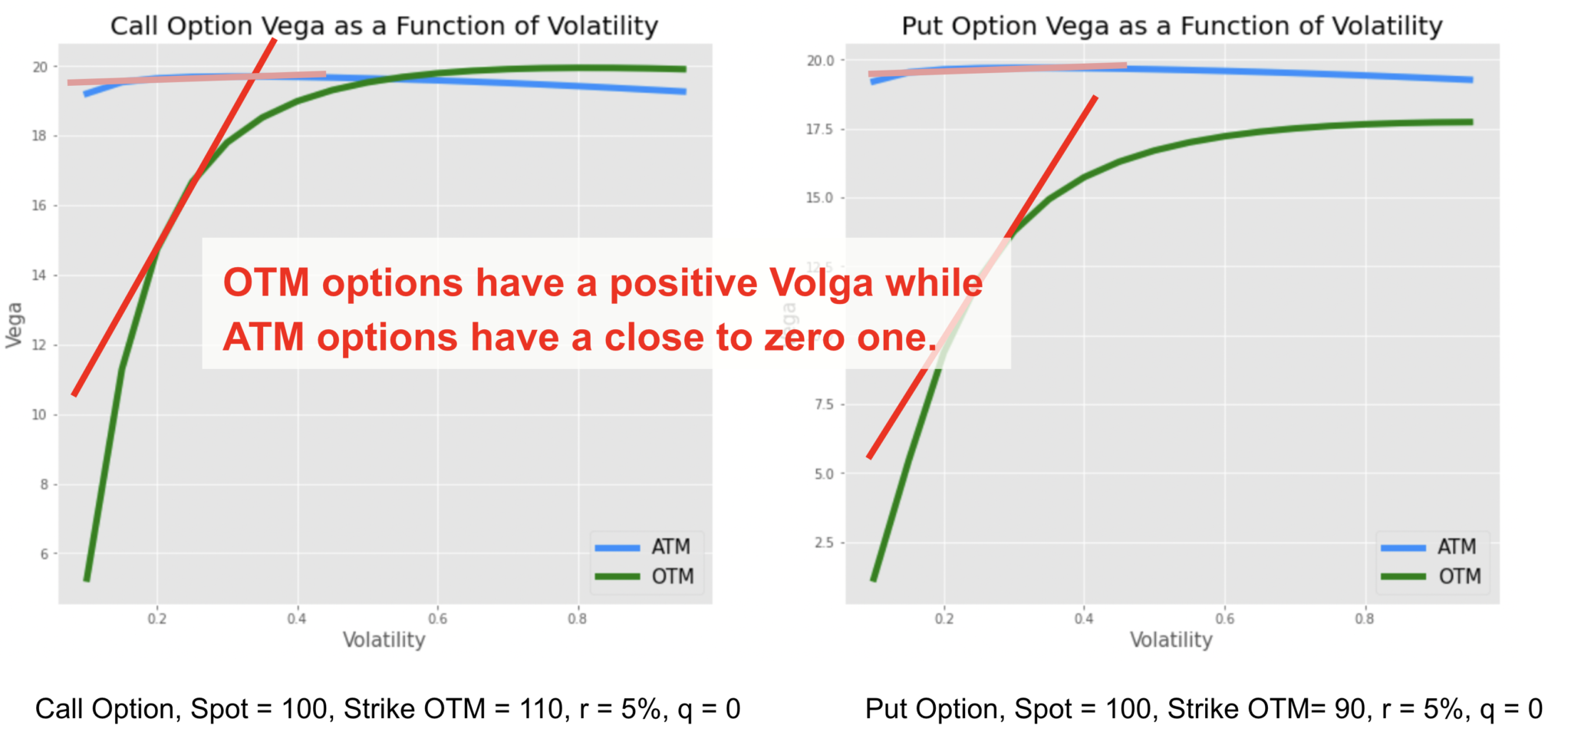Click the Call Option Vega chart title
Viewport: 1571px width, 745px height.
(384, 26)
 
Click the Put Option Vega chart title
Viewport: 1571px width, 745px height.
(1171, 26)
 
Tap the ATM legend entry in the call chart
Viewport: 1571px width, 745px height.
(670, 546)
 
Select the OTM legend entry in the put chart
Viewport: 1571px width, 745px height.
(1459, 576)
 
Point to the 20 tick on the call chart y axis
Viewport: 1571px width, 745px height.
(40, 68)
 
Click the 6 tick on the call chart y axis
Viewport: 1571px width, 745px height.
(44, 554)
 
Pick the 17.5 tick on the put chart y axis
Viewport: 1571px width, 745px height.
(819, 130)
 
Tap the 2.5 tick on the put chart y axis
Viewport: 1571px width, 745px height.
(824, 543)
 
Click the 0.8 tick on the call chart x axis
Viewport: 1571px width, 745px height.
(578, 618)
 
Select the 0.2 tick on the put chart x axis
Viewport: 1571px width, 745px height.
(944, 618)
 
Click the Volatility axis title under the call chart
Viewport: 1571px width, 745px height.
(384, 640)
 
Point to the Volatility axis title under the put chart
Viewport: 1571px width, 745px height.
(1171, 640)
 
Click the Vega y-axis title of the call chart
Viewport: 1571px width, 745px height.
(15, 325)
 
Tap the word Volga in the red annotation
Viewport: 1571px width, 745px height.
(822, 282)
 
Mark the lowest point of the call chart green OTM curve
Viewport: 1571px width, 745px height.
(87, 579)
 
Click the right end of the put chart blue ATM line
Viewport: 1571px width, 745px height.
(1471, 80)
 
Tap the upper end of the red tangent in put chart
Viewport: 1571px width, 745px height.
(1095, 98)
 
